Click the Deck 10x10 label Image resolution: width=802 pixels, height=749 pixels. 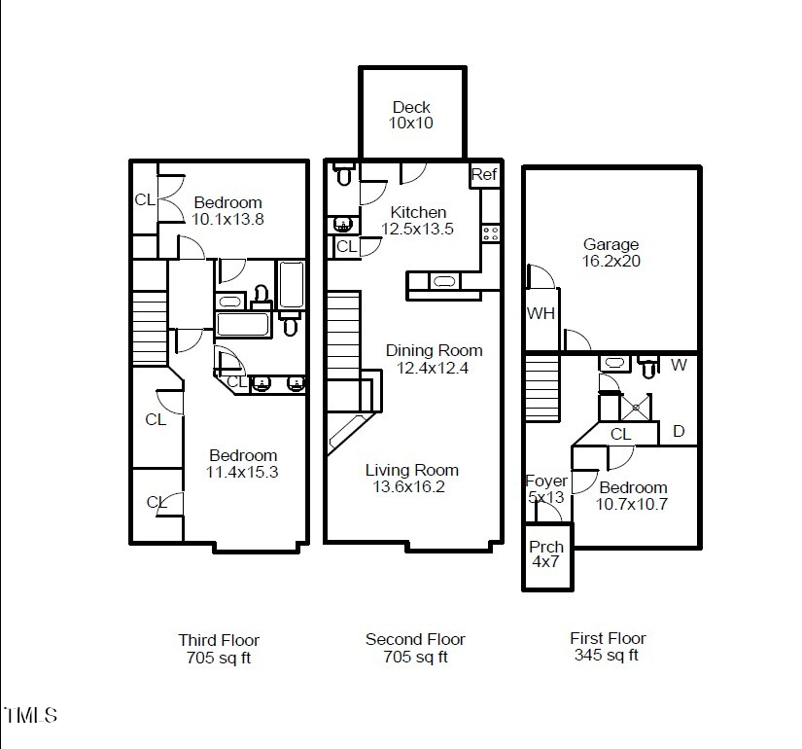tap(411, 115)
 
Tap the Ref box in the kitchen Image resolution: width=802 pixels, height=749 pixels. tap(484, 175)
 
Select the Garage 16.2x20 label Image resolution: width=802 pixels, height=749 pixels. tap(611, 253)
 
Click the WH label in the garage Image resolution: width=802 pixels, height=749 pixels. tap(540, 313)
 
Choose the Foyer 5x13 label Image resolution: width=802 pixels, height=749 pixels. tap(545, 488)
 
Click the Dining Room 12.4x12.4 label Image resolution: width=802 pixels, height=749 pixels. tap(434, 359)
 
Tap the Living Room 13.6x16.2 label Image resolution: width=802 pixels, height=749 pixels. tap(411, 478)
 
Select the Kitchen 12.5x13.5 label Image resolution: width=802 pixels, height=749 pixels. tap(418, 221)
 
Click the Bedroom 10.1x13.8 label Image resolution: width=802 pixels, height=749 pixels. tap(227, 211)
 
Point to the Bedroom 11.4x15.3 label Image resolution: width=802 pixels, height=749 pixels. tap(242, 464)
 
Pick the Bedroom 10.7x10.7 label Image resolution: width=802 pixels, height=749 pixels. tap(633, 496)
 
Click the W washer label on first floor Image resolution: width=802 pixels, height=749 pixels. tap(679, 366)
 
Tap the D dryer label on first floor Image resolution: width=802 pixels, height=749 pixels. tap(679, 431)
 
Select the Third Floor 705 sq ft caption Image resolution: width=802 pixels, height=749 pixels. tap(219, 648)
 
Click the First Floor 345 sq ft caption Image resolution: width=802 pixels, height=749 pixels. tap(608, 647)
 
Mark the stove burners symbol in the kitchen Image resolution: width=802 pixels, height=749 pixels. tap(491, 232)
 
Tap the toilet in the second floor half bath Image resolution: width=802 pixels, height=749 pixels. tap(343, 176)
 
